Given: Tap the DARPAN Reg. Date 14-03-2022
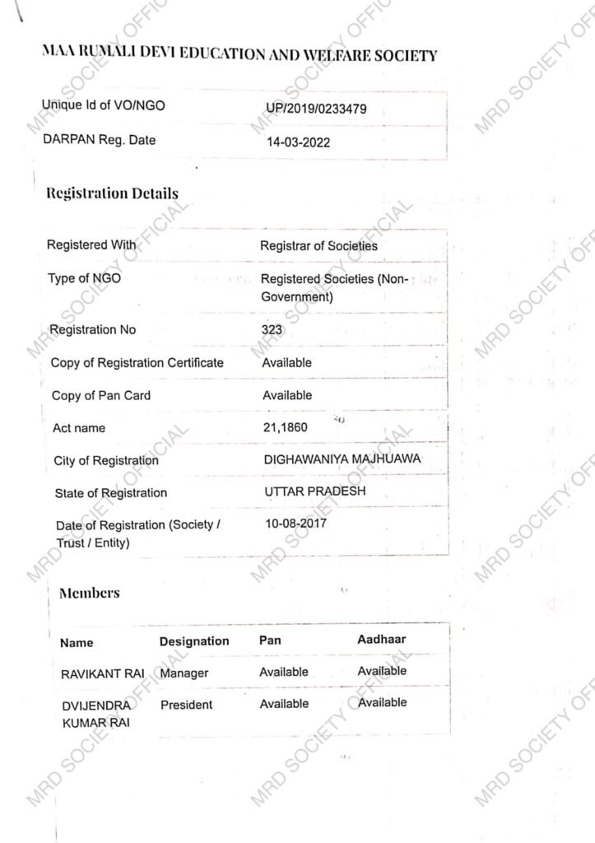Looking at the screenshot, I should [298, 142].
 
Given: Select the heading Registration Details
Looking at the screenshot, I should [113, 194].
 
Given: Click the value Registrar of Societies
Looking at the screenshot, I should [318, 245].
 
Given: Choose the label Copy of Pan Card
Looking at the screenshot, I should [101, 396].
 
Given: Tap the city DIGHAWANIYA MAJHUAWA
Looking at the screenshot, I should [342, 459].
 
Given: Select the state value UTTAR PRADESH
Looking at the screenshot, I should [315, 491].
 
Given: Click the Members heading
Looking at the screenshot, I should [89, 593].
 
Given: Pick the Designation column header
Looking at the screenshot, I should [194, 641].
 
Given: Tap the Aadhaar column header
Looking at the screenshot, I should [381, 639].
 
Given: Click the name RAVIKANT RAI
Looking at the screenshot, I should [103, 674].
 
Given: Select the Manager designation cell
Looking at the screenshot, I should [184, 673].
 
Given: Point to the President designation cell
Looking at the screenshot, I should [186, 705].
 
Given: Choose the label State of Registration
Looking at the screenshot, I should [110, 493].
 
